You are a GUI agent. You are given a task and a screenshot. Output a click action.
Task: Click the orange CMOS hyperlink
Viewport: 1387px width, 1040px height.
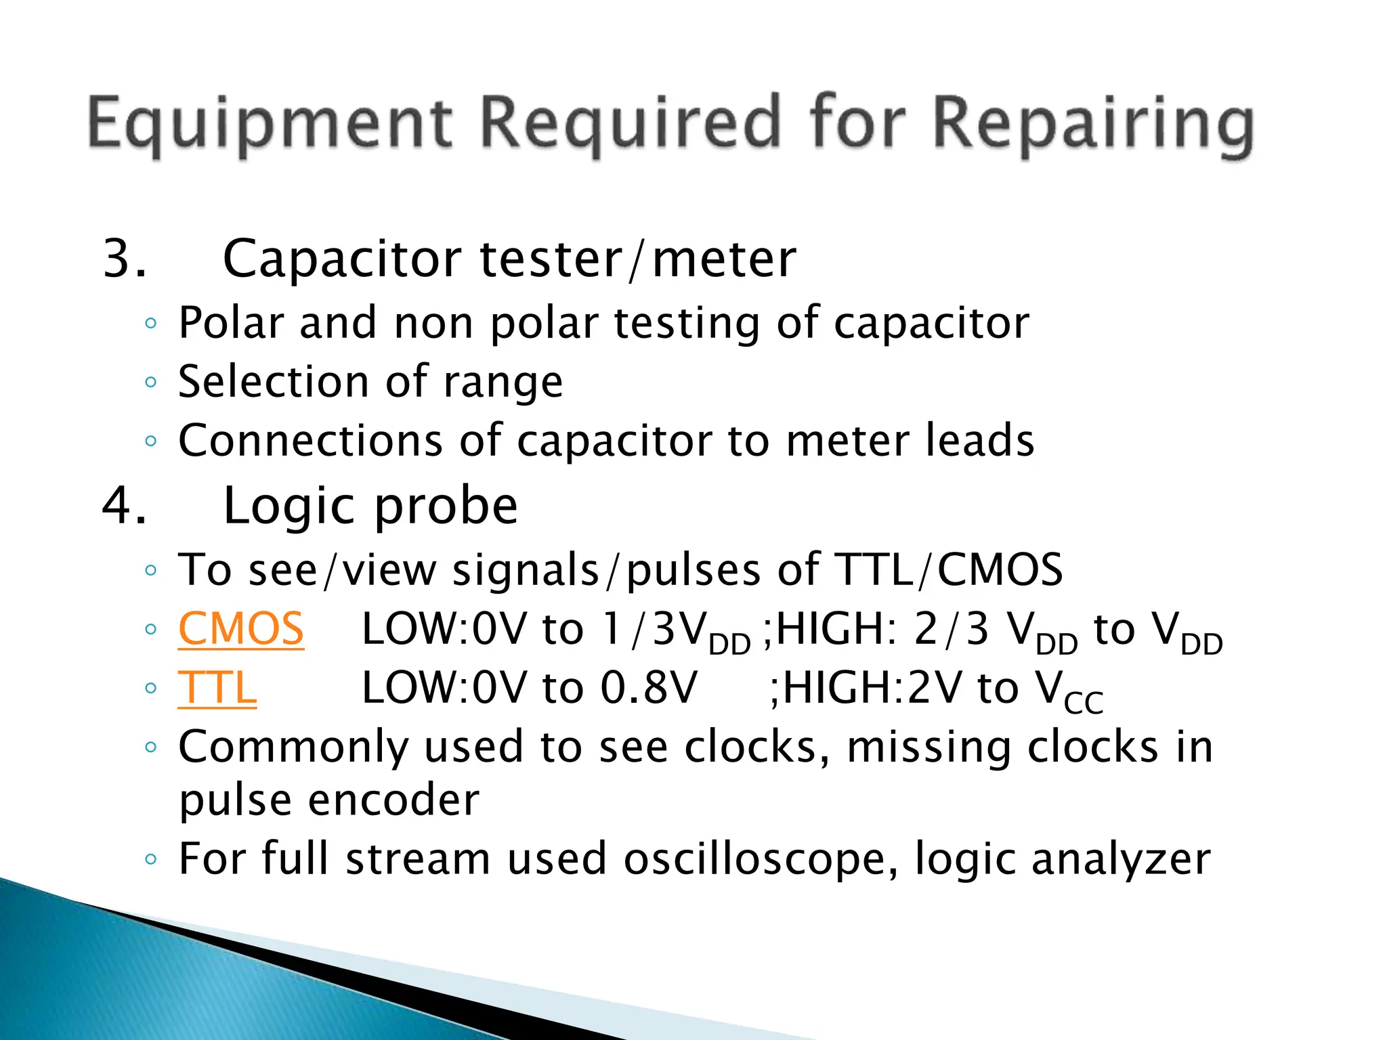pyautogui.click(x=241, y=629)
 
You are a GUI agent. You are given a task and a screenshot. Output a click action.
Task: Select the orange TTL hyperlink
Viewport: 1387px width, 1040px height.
pyautogui.click(x=217, y=688)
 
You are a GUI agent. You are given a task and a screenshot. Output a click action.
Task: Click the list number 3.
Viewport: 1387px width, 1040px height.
pyautogui.click(x=123, y=259)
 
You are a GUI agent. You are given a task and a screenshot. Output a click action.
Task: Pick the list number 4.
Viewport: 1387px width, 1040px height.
pyautogui.click(x=123, y=506)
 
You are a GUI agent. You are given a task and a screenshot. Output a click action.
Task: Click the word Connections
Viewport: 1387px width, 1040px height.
pyautogui.click(x=311, y=441)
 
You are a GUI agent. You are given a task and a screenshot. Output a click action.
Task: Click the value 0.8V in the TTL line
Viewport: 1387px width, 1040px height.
pyautogui.click(x=649, y=688)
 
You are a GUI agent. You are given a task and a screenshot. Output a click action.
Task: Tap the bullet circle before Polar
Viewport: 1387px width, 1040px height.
pyautogui.click(x=151, y=324)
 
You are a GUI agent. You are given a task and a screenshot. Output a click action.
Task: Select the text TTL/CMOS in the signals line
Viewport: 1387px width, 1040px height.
pyautogui.click(x=949, y=569)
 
